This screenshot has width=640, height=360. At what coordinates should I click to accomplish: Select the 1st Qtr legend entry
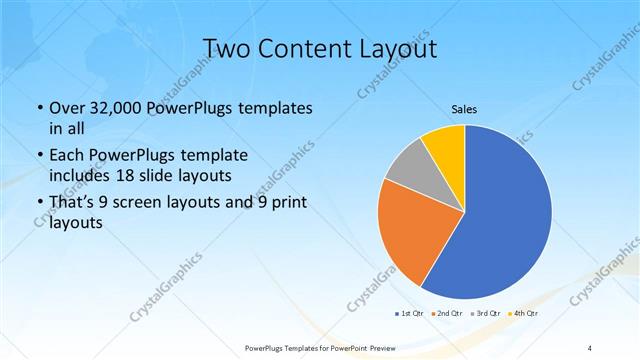409,314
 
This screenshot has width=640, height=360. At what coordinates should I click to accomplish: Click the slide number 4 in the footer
591,347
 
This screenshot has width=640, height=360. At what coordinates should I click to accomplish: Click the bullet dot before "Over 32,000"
38,108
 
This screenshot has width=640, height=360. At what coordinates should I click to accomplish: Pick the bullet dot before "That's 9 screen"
38,204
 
